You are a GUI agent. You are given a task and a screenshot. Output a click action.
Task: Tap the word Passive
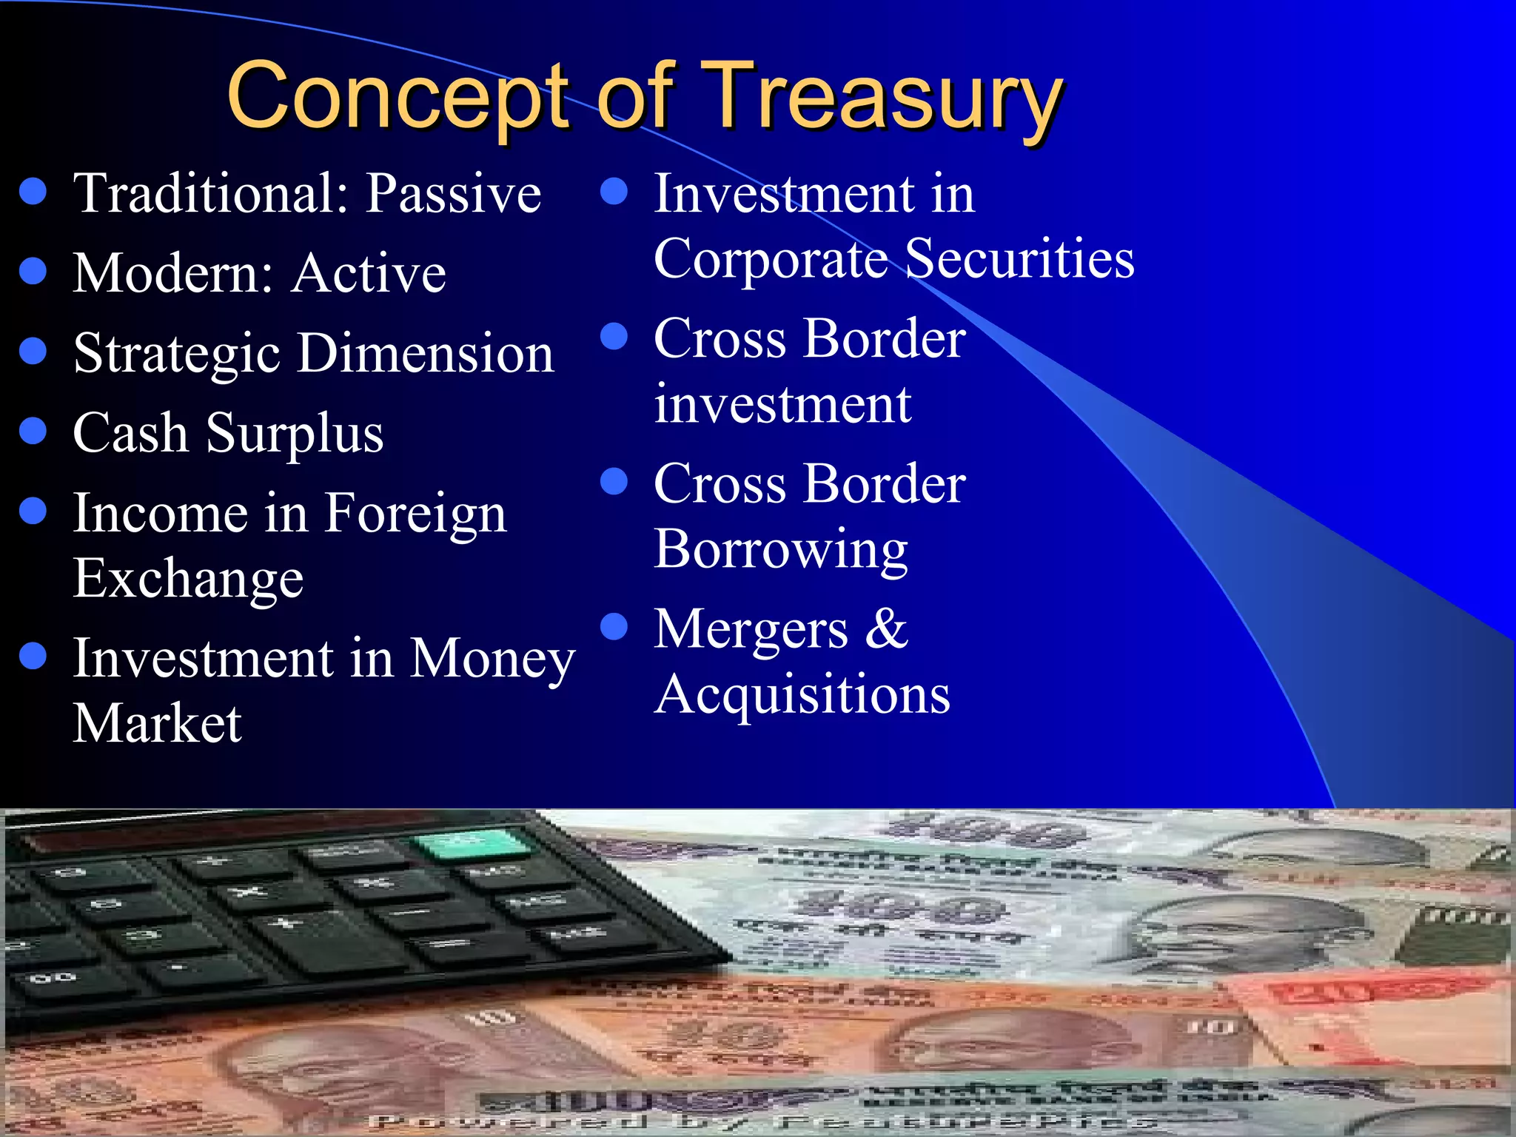[454, 194]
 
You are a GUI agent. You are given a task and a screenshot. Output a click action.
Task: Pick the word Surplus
[295, 434]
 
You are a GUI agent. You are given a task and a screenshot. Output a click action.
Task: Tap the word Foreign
[415, 514]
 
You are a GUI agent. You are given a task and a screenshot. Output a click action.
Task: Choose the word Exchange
[188, 579]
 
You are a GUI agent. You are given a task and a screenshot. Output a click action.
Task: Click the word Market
[157, 723]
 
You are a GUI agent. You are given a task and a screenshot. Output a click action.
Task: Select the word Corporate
[771, 259]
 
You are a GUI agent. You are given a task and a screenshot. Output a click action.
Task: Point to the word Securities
[1019, 259]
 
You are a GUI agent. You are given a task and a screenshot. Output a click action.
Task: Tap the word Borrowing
[781, 550]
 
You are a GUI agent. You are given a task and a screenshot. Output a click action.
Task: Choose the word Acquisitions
[802, 695]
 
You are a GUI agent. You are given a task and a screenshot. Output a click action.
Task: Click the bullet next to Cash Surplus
[33, 431]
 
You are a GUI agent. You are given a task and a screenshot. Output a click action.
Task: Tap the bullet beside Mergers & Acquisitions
[614, 627]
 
